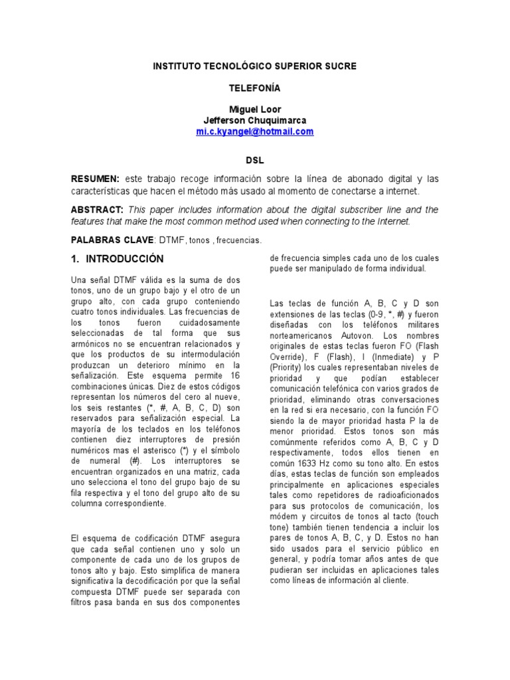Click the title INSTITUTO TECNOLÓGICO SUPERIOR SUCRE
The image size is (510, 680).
point(255,66)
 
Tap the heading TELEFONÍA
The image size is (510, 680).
point(255,88)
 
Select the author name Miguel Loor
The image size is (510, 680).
point(255,109)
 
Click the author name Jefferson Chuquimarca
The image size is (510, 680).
point(255,120)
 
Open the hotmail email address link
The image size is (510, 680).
point(255,131)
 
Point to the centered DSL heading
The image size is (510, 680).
point(255,160)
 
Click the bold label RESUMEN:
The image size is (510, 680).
point(96,180)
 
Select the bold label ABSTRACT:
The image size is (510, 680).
point(97,210)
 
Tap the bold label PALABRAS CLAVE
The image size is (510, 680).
point(112,239)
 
